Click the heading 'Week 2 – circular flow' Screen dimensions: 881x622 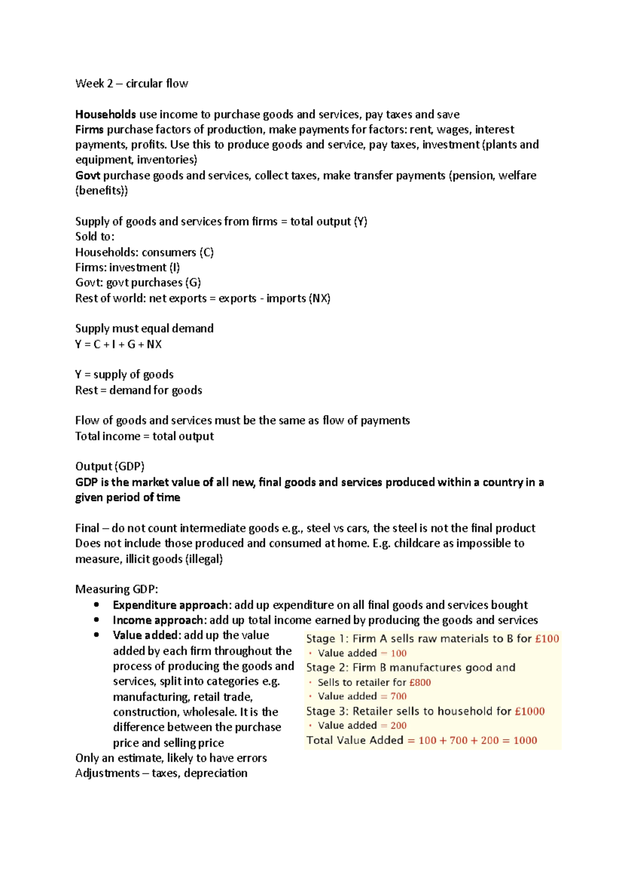[x=132, y=84]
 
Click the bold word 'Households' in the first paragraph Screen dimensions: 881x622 [x=105, y=114]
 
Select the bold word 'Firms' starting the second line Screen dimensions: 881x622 [x=89, y=129]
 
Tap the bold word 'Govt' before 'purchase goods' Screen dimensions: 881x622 [x=88, y=175]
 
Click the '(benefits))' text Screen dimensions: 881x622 [x=102, y=190]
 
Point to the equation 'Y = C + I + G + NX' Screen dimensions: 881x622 [x=118, y=344]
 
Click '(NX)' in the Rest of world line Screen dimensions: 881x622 [x=319, y=298]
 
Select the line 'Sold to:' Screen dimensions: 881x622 [x=94, y=237]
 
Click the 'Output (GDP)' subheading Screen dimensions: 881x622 [x=110, y=466]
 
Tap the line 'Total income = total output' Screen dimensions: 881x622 [x=144, y=436]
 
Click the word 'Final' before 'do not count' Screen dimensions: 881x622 [x=87, y=528]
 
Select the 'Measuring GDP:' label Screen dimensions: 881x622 [x=117, y=589]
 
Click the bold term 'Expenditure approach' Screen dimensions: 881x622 [x=171, y=605]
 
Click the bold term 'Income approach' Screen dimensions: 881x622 [x=158, y=620]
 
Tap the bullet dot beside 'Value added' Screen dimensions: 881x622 [x=96, y=635]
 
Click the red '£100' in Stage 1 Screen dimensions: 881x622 [x=547, y=639]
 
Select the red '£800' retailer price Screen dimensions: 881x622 [x=420, y=682]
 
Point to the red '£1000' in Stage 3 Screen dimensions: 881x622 [x=530, y=711]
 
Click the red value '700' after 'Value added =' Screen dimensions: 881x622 [x=398, y=696]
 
